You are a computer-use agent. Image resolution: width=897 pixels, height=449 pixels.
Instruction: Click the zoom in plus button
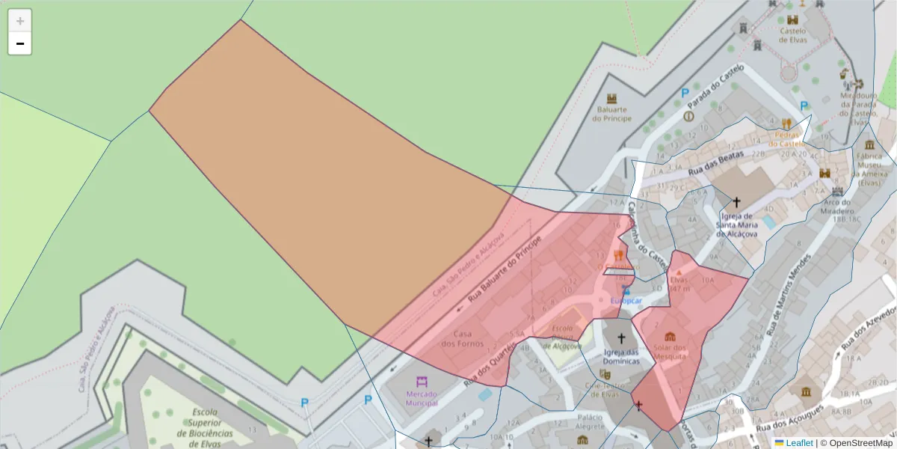coord(20,21)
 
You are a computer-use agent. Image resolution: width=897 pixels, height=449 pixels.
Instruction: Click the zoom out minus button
coord(20,43)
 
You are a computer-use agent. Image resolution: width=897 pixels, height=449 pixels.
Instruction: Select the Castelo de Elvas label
coord(792,35)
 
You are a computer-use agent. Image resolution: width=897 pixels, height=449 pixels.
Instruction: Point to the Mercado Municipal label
coord(422,398)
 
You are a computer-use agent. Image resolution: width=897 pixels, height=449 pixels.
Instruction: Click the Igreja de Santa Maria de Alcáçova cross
coord(736,202)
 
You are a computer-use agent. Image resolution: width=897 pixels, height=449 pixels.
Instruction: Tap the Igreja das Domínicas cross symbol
coord(621,339)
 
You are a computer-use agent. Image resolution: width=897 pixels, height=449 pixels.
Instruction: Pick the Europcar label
coord(626,301)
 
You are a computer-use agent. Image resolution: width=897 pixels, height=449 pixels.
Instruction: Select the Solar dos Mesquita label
coord(670,352)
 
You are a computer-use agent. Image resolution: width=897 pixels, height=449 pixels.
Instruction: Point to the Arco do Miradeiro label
coord(836,207)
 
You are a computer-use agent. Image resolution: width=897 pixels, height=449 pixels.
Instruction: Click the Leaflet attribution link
coord(798,443)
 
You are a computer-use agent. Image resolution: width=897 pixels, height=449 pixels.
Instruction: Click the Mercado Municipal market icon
coord(422,381)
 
